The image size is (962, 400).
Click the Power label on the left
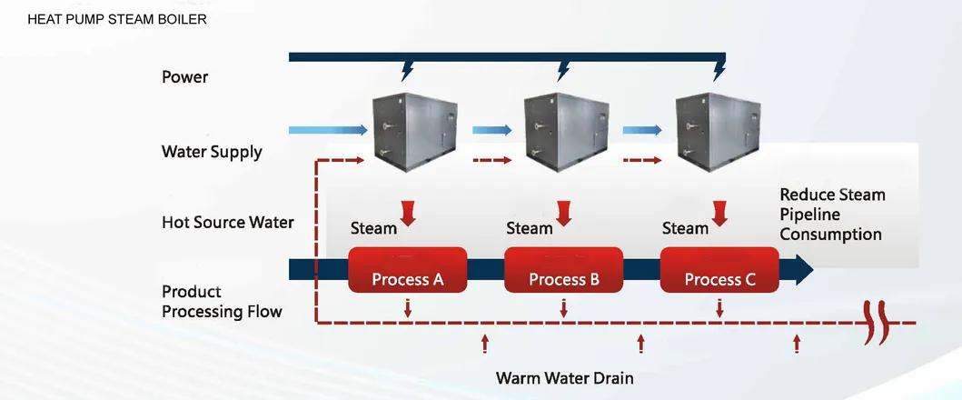click(x=184, y=77)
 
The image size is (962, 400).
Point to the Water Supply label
click(x=212, y=151)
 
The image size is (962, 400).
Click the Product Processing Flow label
click(x=221, y=302)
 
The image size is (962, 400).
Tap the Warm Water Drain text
click(x=564, y=377)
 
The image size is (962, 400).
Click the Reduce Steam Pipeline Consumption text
click(x=831, y=215)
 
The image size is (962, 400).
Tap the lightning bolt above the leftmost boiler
click(x=408, y=70)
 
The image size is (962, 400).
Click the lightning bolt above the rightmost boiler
click(x=720, y=70)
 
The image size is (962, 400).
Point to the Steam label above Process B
click(x=529, y=228)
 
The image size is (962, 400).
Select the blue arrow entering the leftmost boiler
click(x=322, y=131)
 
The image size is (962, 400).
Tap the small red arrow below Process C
click(x=719, y=308)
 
